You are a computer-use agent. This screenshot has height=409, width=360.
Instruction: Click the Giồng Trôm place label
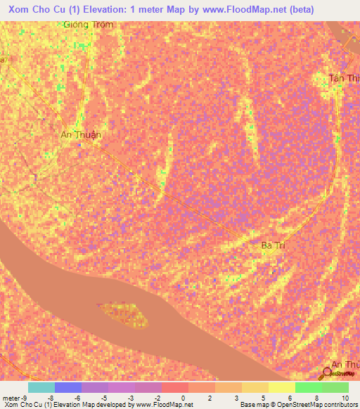coord(88,24)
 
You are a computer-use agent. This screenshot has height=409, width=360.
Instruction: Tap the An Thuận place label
coord(81,134)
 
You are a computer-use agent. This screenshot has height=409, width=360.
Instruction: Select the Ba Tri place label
coord(276,245)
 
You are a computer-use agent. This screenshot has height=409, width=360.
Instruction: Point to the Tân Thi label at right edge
coord(344,78)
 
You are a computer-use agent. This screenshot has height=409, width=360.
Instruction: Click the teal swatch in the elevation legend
coord(41,387)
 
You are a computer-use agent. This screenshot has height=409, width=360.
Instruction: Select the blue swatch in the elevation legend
coord(67,387)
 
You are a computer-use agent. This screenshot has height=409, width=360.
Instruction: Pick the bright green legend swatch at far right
coord(335,387)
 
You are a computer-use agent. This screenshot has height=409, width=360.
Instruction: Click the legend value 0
coord(184,398)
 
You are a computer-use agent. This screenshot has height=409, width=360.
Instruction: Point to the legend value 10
coord(345,398)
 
